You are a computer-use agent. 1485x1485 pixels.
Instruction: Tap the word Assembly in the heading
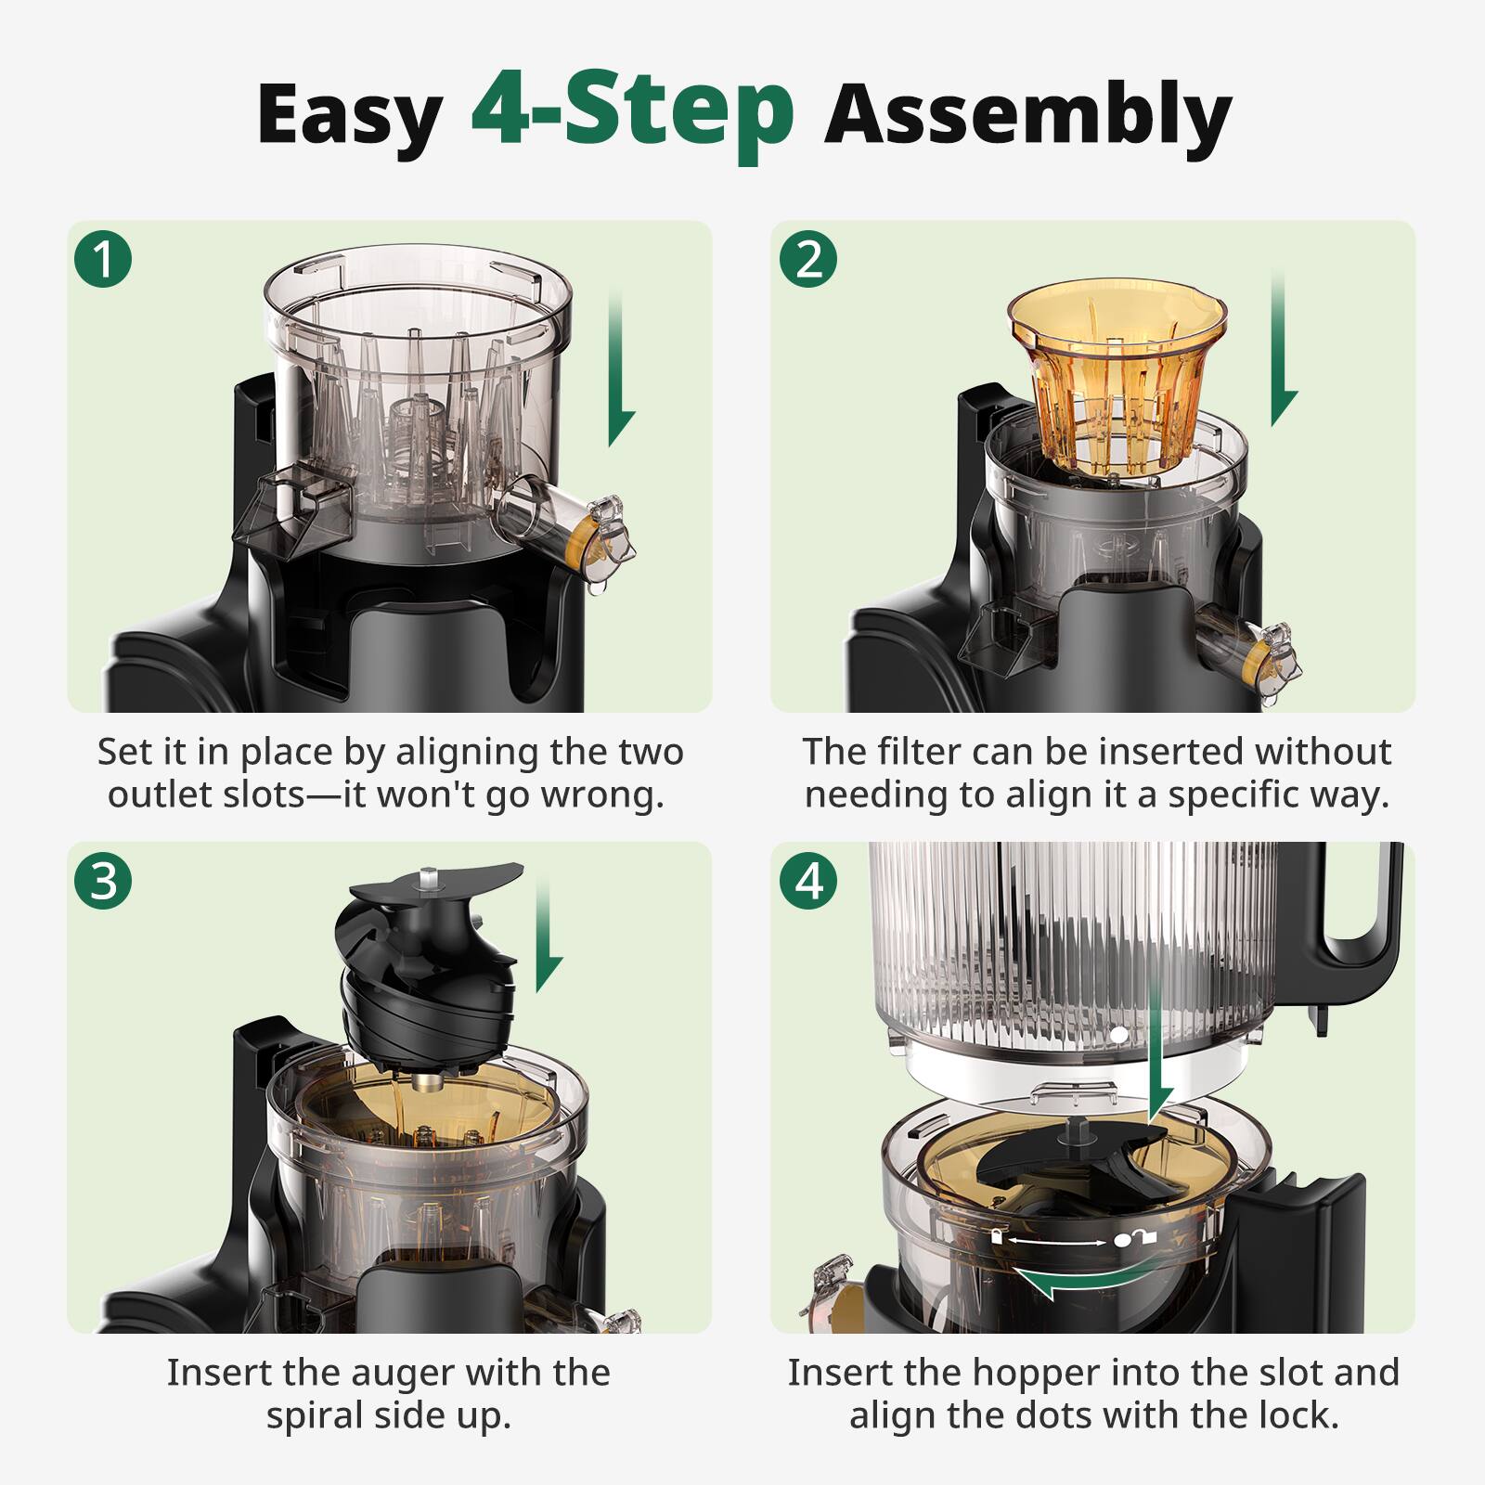pyautogui.click(x=1027, y=115)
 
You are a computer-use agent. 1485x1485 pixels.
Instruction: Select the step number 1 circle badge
pyautogui.click(x=103, y=258)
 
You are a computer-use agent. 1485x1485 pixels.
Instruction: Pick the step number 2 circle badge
pyautogui.click(x=808, y=258)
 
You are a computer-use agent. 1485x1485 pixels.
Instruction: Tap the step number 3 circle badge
pyautogui.click(x=103, y=880)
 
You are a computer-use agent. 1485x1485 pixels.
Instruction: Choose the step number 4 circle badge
pyautogui.click(x=808, y=880)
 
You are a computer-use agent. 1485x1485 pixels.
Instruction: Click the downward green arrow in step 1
pyautogui.click(x=620, y=371)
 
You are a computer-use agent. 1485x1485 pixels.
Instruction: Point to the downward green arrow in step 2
pyautogui.click(x=1282, y=353)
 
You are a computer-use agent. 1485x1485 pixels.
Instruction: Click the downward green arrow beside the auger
pyautogui.click(x=548, y=937)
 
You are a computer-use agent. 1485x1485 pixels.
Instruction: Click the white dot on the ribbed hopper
pyautogui.click(x=1119, y=1033)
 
